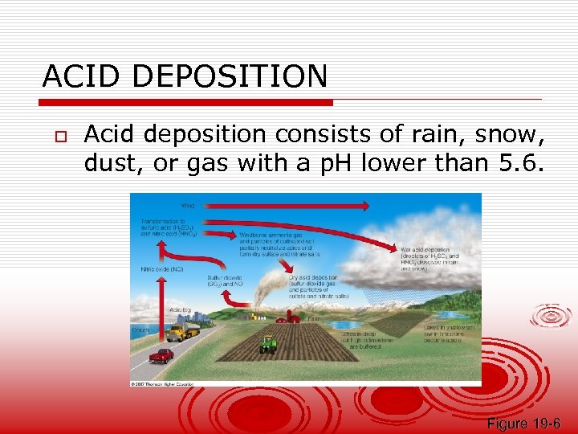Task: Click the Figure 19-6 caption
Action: click(523, 424)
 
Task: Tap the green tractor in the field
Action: click(268, 344)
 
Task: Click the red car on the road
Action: click(161, 354)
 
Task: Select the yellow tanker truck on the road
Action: click(183, 331)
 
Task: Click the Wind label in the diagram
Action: click(188, 206)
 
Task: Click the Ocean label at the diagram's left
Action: click(140, 329)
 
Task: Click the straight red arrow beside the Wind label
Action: click(289, 206)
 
